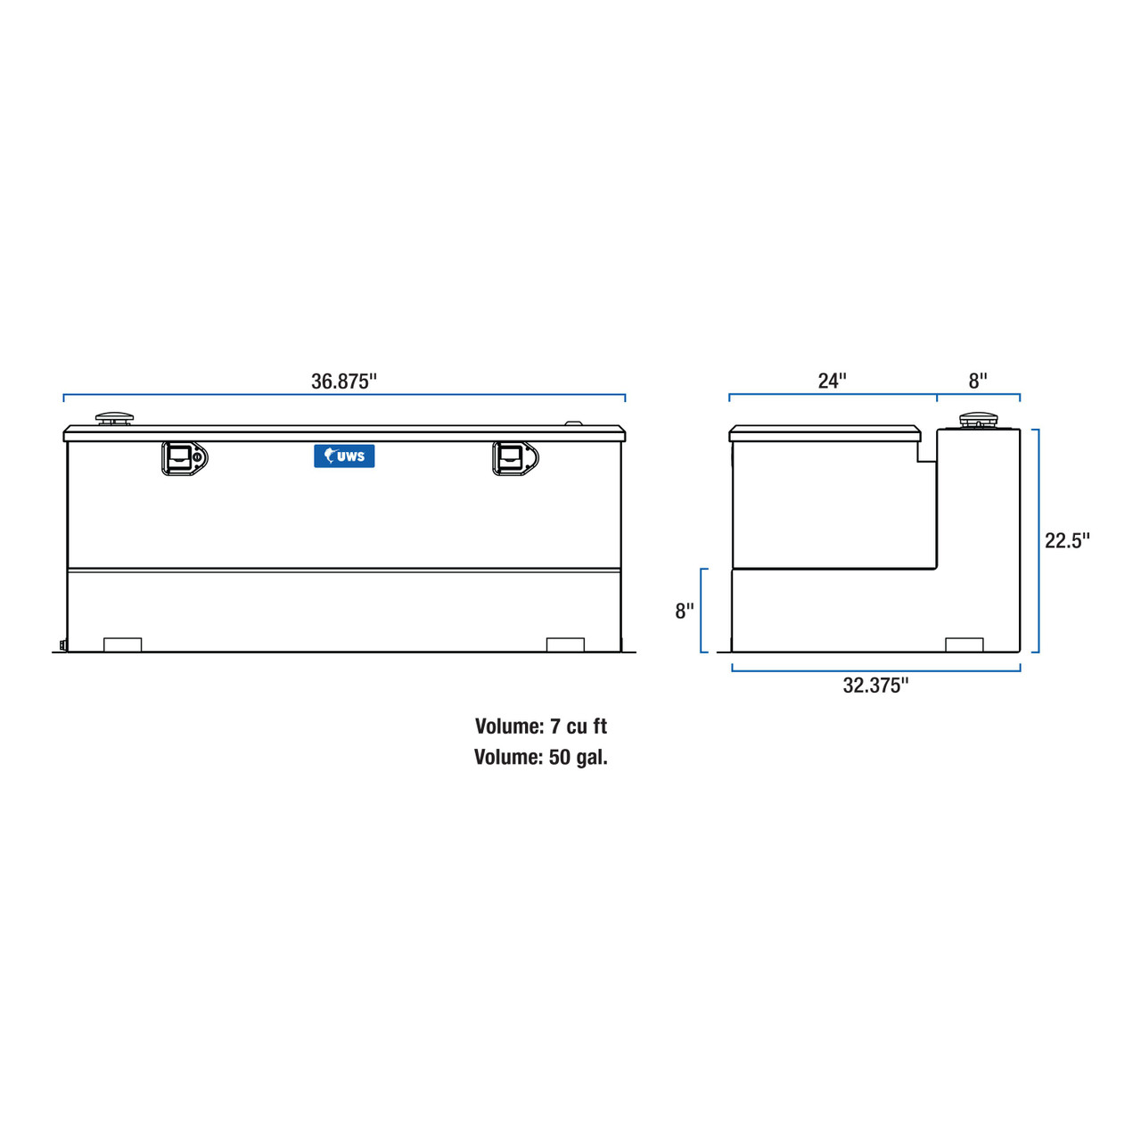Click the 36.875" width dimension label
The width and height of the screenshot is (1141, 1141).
(x=344, y=382)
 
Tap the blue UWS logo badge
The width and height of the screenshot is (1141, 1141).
(x=344, y=456)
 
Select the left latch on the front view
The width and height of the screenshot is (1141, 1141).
(x=184, y=458)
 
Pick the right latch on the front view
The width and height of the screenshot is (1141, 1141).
(x=515, y=458)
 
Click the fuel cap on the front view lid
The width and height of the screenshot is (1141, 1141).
(x=114, y=418)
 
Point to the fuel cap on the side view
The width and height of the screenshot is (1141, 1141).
(x=979, y=420)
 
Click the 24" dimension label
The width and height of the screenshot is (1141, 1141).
(x=832, y=382)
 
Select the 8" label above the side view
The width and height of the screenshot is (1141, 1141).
(x=978, y=382)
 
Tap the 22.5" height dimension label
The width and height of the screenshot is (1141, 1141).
(x=1067, y=541)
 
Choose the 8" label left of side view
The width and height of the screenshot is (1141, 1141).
(x=684, y=612)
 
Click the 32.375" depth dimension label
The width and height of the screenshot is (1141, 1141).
(x=875, y=685)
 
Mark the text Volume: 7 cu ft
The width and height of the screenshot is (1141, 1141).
(x=541, y=726)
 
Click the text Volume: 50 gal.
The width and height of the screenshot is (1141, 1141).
(x=541, y=758)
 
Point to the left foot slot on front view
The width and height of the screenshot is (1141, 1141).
(x=123, y=644)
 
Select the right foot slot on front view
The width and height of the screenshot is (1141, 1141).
(x=565, y=644)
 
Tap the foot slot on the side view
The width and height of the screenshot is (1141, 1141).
(x=964, y=644)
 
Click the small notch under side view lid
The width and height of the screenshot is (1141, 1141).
(x=927, y=452)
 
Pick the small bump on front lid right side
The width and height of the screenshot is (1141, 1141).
(x=574, y=424)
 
